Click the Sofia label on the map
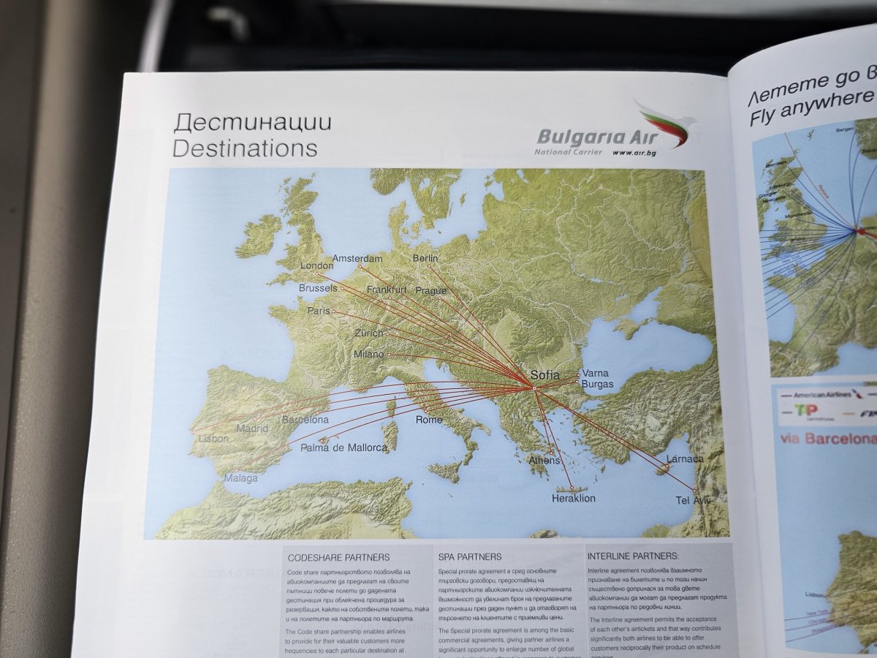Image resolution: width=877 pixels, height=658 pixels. (544, 375)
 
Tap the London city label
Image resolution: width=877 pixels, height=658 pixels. (317, 265)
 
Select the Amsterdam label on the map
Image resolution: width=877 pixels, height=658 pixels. (357, 259)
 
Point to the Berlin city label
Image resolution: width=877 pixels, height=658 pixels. (425, 258)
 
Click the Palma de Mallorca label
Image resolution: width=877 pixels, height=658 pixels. (343, 447)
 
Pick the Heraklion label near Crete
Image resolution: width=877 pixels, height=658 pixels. (574, 499)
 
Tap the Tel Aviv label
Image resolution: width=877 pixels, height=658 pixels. (693, 501)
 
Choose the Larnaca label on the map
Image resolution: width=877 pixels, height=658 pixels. (685, 459)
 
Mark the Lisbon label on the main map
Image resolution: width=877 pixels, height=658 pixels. (213, 439)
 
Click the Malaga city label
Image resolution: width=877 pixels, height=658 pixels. (241, 478)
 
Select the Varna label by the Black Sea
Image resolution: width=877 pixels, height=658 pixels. (595, 373)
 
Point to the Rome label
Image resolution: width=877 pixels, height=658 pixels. (429, 420)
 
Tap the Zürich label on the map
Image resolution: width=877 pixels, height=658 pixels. (368, 333)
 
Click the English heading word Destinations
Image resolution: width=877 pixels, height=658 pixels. (245, 148)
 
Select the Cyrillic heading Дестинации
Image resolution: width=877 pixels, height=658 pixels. (252, 122)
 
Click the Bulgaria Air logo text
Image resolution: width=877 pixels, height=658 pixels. (592, 137)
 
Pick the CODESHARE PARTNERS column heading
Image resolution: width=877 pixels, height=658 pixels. (339, 557)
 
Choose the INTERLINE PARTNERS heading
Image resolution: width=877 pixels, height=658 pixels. (633, 556)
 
